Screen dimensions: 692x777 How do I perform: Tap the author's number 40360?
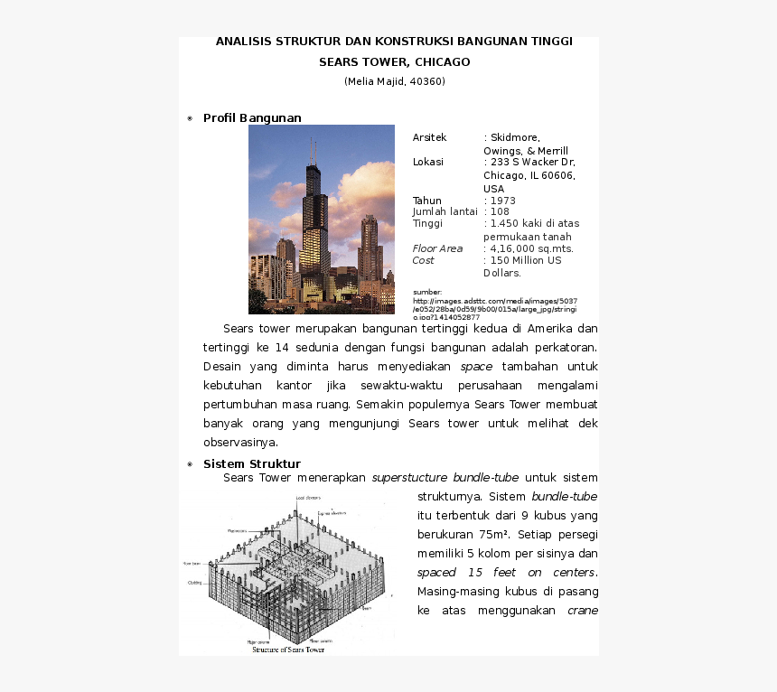point(425,81)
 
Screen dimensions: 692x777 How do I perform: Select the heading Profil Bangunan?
point(252,118)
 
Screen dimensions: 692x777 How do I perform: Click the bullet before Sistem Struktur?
point(190,464)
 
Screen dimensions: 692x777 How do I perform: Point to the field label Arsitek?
point(429,137)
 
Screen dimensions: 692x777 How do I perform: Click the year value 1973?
point(502,201)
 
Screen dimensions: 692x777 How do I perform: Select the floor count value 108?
point(500,211)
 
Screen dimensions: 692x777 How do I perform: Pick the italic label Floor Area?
point(437,248)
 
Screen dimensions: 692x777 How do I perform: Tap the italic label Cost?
point(423,260)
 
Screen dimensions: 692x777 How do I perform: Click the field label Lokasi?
point(428,162)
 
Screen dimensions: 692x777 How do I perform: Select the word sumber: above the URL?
point(427,293)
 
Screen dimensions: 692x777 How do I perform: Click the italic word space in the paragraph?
point(476,367)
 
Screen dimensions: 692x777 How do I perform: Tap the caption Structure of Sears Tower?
point(288,650)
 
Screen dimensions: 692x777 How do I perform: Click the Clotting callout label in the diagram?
point(195,583)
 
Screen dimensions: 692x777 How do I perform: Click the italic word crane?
point(582,611)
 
